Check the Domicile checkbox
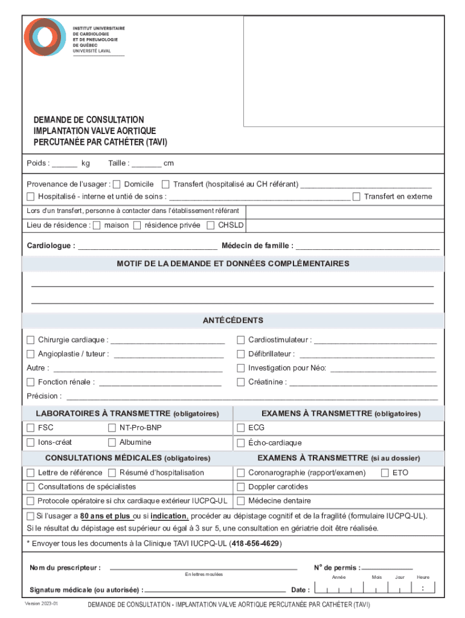click(x=117, y=184)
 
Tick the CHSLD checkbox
click(x=211, y=225)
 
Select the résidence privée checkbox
click(x=137, y=225)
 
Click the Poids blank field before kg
click(x=68, y=164)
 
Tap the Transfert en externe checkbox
click(x=356, y=196)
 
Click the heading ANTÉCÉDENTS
click(x=232, y=320)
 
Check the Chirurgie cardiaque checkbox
click(x=31, y=340)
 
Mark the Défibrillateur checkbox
click(x=241, y=354)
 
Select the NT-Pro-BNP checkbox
click(x=112, y=428)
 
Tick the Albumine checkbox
click(x=112, y=442)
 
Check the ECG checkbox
click(x=241, y=428)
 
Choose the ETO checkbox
click(x=385, y=473)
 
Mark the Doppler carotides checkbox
click(x=241, y=486)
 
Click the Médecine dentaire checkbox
click(x=241, y=501)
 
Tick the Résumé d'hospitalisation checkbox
click(x=112, y=473)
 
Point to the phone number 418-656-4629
click(x=255, y=543)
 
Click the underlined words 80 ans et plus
click(x=106, y=516)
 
